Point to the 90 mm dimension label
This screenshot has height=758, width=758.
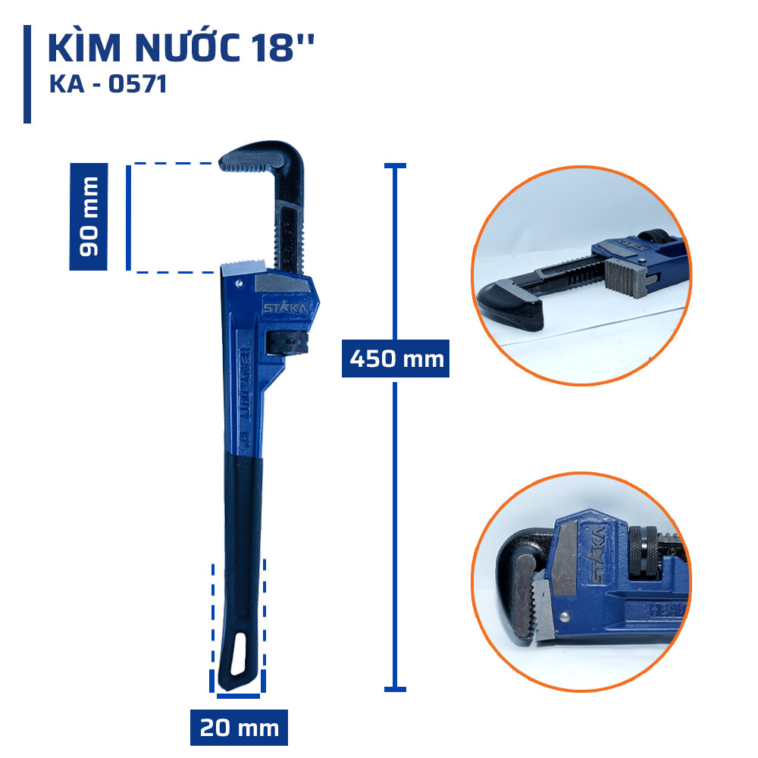point(89,217)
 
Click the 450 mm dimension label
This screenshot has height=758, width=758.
point(395,357)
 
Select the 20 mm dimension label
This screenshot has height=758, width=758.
point(239,728)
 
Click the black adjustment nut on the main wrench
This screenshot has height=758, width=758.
point(289,342)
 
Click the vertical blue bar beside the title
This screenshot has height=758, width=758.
point(27,74)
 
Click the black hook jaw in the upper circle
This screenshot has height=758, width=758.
point(510,302)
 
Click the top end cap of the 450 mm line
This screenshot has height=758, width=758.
point(395,165)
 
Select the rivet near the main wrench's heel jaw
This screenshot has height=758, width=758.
point(239,285)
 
